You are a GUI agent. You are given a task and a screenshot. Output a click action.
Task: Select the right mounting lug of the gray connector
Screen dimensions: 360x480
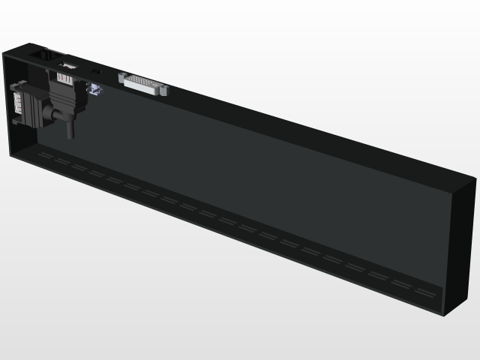pos(163,91)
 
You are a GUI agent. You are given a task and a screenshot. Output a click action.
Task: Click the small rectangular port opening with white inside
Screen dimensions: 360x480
pos(67,67)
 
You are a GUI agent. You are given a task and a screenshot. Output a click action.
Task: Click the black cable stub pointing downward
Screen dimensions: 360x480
pos(70,129)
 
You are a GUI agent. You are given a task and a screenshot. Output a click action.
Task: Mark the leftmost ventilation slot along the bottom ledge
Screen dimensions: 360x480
pos(46,155)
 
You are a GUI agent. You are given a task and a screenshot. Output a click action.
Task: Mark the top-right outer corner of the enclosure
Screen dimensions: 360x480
pos(476,178)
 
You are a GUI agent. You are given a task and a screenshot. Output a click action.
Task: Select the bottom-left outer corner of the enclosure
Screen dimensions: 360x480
pos(9,157)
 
